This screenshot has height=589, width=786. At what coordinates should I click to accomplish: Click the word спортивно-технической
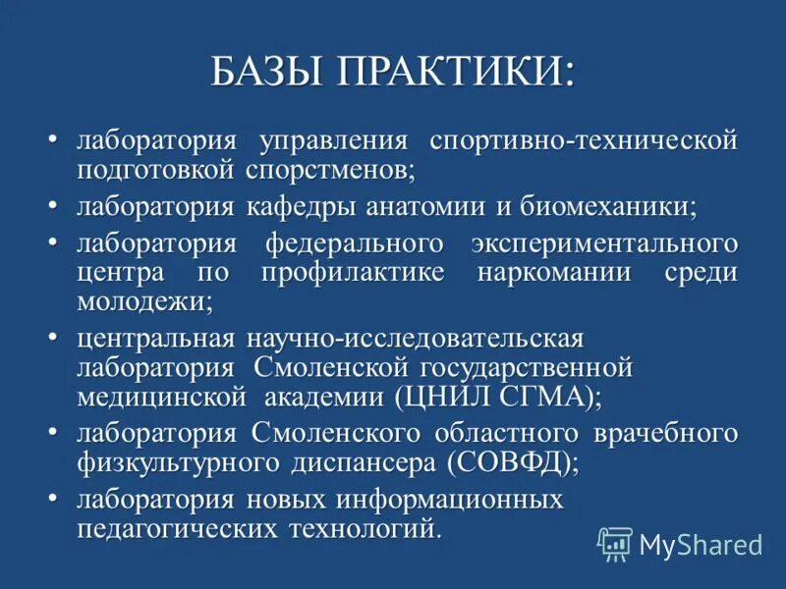point(584,140)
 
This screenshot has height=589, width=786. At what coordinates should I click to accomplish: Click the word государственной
point(525,368)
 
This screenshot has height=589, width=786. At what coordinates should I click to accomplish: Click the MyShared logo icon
point(615,543)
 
